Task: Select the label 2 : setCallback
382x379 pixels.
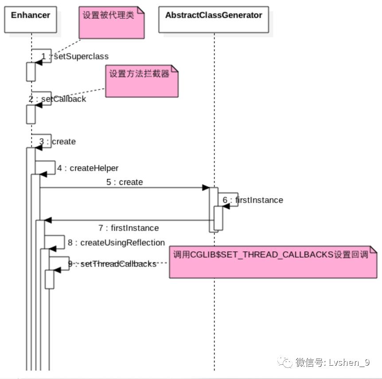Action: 57,99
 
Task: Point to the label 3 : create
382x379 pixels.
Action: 58,142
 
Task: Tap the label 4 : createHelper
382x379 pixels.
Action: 88,168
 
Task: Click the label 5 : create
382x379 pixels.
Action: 125,182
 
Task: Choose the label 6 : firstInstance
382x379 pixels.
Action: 253,200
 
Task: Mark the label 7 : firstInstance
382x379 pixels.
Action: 129,228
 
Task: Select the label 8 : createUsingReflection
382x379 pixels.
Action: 116,242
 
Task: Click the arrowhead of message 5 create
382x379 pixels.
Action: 206,188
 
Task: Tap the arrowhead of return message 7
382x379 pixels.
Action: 48,220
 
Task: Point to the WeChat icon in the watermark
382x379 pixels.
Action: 285,363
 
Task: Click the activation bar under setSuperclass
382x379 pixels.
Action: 31,72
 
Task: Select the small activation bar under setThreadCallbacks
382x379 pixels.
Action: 49,279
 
